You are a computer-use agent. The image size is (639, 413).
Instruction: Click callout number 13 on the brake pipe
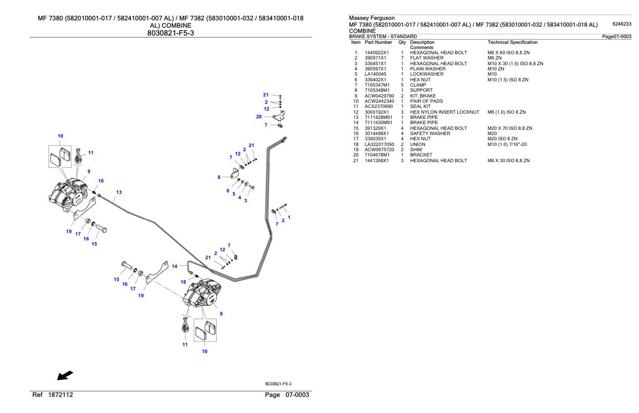tap(119, 192)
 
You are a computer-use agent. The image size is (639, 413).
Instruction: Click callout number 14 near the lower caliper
tap(175, 266)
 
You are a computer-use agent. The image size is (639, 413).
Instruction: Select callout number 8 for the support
tap(219, 177)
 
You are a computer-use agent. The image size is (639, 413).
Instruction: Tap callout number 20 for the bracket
tap(259, 117)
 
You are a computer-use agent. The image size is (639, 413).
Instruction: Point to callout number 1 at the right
tap(289, 217)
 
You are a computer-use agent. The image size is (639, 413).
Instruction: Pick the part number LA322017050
tap(380, 144)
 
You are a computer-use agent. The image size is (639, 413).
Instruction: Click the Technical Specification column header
tap(512, 42)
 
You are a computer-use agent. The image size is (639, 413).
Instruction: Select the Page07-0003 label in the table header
tap(617, 36)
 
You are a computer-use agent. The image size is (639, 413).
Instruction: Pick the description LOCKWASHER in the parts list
tap(427, 74)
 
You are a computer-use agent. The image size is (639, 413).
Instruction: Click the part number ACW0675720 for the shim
tap(379, 150)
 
